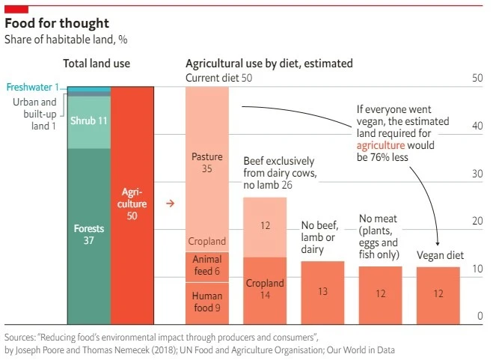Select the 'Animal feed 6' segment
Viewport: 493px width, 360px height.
(x=207, y=266)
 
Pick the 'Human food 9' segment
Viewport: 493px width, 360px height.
(x=207, y=302)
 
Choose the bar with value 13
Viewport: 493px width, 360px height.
(x=322, y=292)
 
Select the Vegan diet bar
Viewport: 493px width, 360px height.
(x=438, y=294)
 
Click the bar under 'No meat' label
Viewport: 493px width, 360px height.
(x=380, y=294)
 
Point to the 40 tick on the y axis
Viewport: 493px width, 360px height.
(x=477, y=126)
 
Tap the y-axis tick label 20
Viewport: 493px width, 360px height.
(x=477, y=221)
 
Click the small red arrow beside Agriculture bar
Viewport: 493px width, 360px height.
(x=170, y=204)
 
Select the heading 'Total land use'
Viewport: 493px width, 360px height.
(x=97, y=64)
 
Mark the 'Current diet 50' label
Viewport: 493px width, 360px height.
(x=218, y=78)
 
